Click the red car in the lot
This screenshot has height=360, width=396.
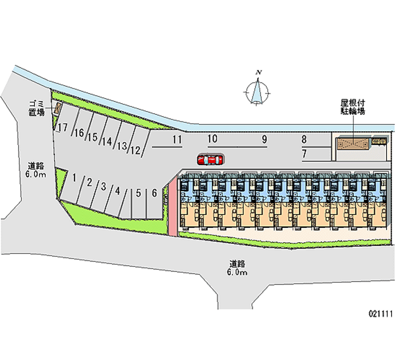[x=209, y=159]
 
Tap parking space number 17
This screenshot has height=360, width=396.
[x=62, y=128]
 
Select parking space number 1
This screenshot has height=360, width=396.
[x=73, y=177]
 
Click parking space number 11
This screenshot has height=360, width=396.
[x=177, y=139]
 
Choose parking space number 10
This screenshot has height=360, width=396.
[x=213, y=139]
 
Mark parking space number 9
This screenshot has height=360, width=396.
[x=265, y=139]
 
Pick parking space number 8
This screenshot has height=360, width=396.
[x=304, y=139]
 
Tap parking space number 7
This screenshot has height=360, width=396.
[x=304, y=153]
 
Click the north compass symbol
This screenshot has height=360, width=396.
[x=257, y=90]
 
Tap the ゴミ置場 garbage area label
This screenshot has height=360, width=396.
[x=36, y=107]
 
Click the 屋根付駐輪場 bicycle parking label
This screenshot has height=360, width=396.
[x=353, y=107]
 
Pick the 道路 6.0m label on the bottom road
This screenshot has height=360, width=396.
[x=237, y=267]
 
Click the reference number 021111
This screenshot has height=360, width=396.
[x=379, y=313]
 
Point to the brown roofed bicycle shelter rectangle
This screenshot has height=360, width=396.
[x=353, y=144]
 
